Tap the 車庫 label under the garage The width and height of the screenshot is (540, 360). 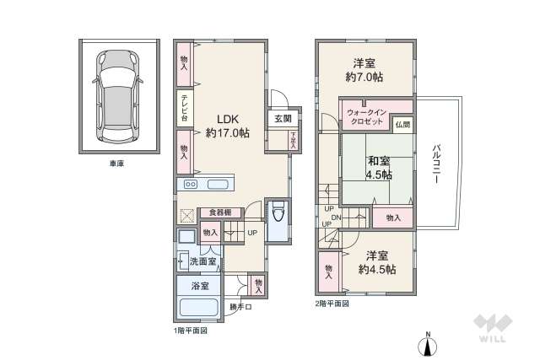(x=117, y=163)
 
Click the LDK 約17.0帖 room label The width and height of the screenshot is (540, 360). (x=227, y=126)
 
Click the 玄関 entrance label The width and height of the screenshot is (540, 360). (x=282, y=119)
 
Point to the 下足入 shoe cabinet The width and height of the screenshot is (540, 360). (x=293, y=140)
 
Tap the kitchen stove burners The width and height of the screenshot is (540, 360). (x=192, y=184)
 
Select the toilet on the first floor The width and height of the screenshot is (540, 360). (x=277, y=218)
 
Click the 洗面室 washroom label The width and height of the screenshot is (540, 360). (x=202, y=262)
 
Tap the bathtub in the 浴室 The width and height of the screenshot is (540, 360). (x=199, y=308)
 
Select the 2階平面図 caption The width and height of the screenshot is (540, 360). (x=333, y=304)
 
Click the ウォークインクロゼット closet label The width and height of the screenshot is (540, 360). (x=366, y=116)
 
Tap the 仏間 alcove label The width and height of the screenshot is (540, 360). (x=402, y=124)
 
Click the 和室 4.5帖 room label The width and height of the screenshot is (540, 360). (x=378, y=168)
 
